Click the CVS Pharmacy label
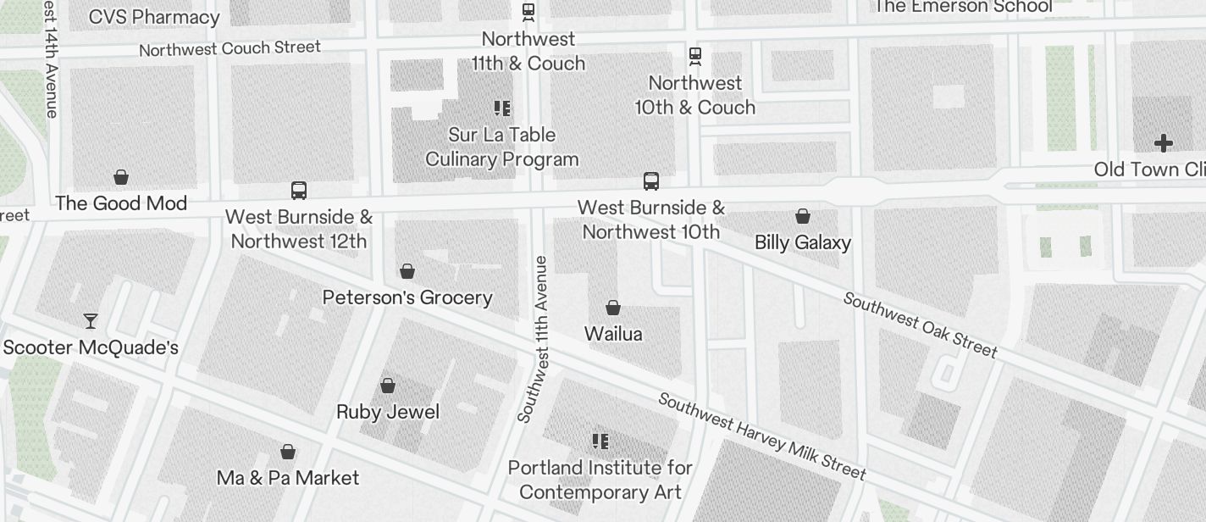[153, 16]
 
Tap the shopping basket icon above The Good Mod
[121, 177]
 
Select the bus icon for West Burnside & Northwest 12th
[299, 190]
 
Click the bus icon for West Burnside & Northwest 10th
[650, 180]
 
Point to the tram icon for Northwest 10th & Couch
[695, 56]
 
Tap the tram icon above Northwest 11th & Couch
[528, 12]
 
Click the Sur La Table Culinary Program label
[502, 147]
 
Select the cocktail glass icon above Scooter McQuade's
[91, 320]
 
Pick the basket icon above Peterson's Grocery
[407, 271]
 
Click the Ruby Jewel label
[388, 412]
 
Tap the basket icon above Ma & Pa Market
[288, 451]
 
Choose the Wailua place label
[613, 334]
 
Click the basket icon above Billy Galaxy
[802, 216]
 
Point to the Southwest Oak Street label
[921, 325]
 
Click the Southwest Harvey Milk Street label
[762, 436]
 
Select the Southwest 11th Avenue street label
[534, 339]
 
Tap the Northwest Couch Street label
[230, 48]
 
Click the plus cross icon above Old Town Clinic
[1164, 143]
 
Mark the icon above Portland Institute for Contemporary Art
[600, 441]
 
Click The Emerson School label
[963, 7]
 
